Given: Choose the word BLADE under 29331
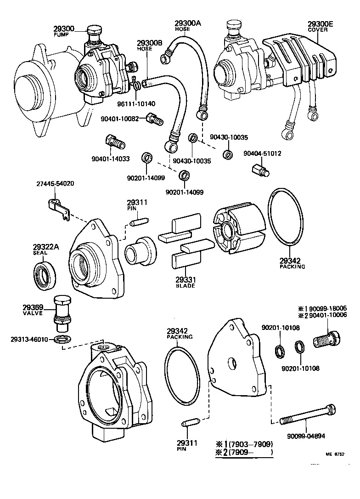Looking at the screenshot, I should (x=186, y=286).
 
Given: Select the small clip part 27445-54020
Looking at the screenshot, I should (x=58, y=208).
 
